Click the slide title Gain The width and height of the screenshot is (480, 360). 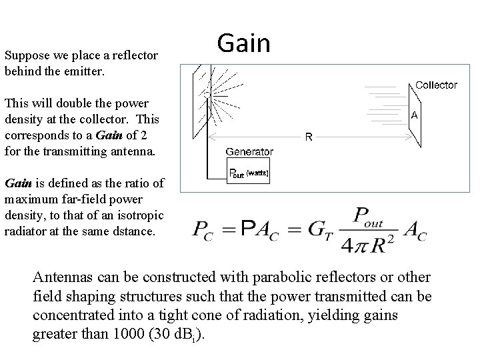pos(244,44)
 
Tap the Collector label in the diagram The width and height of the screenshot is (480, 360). pos(436,85)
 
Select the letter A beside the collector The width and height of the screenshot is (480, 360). pos(415,115)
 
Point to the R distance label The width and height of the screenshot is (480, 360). pos(309,137)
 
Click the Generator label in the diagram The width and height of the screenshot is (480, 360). pos(249,151)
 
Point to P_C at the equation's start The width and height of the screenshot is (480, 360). pos(202,231)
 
